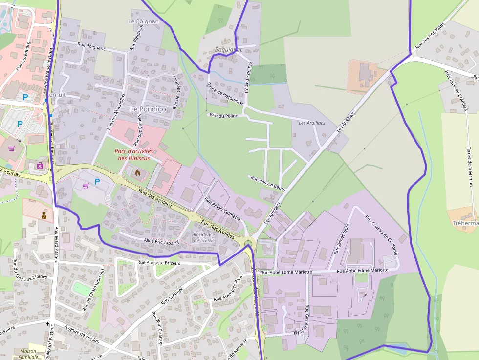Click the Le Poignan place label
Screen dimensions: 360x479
pyautogui.click(x=143, y=21)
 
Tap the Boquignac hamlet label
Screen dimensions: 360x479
pyautogui.click(x=229, y=50)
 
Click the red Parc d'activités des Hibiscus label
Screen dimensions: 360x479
pyautogui.click(x=134, y=155)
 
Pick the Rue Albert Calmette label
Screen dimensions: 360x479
pyautogui.click(x=222, y=208)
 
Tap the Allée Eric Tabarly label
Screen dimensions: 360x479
pyautogui.click(x=162, y=241)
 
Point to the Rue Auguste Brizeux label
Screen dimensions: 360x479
pyautogui.click(x=159, y=263)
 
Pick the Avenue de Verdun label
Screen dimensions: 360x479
pyautogui.click(x=82, y=335)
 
